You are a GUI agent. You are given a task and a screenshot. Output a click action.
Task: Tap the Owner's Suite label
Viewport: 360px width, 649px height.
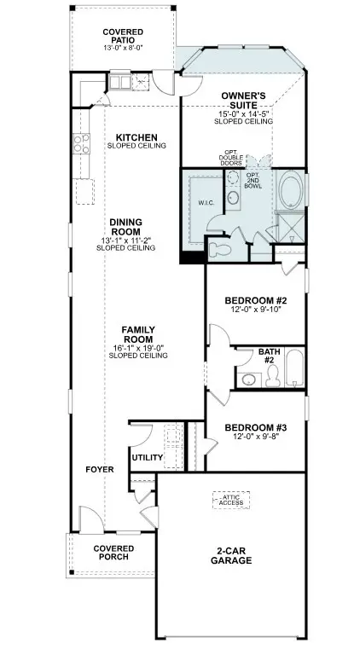click(x=243, y=100)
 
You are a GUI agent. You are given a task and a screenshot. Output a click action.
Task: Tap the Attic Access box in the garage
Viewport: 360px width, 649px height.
click(x=230, y=500)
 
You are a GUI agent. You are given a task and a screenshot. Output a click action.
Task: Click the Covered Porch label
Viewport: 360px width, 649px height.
click(x=112, y=552)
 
